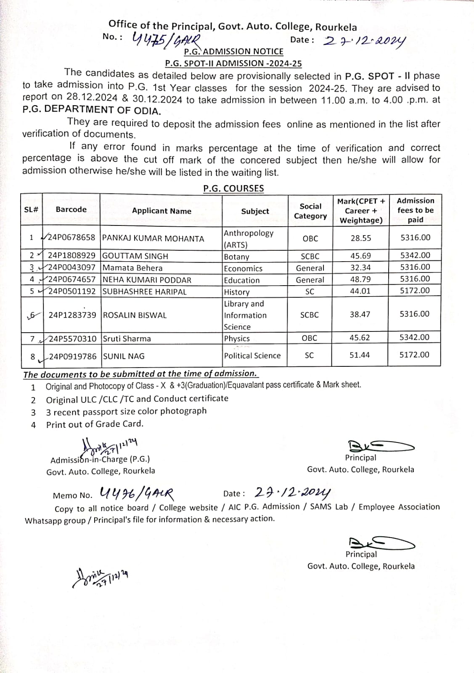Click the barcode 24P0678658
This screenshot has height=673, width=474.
tap(71, 238)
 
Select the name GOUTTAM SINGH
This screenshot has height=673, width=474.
tap(135, 256)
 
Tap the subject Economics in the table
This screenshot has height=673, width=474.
tap(243, 268)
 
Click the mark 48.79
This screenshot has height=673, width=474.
tap(360, 279)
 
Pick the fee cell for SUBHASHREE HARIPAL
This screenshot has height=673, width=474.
tap(415, 290)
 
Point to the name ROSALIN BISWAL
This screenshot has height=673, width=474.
tap(135, 315)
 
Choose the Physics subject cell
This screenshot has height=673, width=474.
tap(237, 339)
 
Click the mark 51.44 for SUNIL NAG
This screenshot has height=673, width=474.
tap(360, 355)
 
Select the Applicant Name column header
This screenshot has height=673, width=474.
tap(162, 211)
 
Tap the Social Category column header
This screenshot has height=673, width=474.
tap(310, 211)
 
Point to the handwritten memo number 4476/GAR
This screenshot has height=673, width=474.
tap(137, 493)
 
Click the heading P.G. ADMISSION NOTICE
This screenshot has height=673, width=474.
tap(234, 52)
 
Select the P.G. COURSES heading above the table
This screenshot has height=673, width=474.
tap(233, 188)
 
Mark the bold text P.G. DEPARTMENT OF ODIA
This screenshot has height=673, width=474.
tap(92, 110)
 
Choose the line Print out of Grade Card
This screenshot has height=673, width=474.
tap(95, 424)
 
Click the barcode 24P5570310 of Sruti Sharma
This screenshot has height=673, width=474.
tap(72, 339)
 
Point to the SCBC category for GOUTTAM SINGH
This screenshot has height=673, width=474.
tap(310, 256)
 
